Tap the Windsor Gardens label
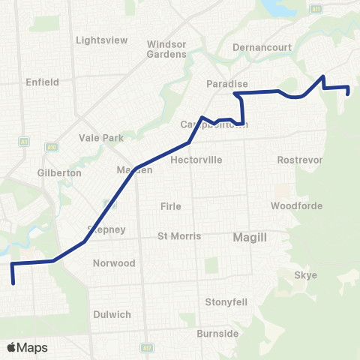point(166,49)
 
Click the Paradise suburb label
point(227,85)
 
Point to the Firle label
point(171,206)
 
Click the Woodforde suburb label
point(296,205)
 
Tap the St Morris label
point(178,236)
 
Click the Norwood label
point(114,263)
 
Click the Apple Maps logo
point(27,347)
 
